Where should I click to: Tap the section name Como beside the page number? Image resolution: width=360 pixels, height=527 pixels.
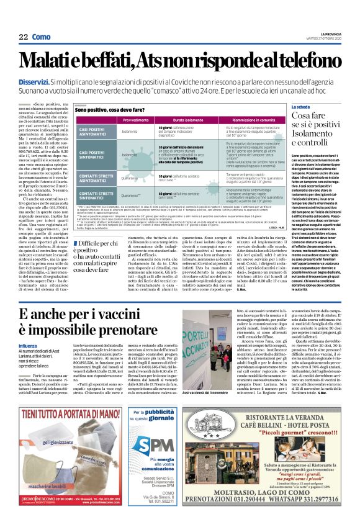pos(41,37)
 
